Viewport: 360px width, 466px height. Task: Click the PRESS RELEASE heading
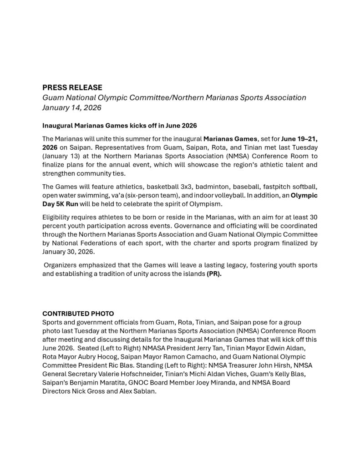72,87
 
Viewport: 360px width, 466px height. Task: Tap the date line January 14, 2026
71,108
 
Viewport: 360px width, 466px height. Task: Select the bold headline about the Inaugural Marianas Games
119,125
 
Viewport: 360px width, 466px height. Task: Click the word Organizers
62,265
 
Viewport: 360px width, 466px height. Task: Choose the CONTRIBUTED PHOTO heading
78,314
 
